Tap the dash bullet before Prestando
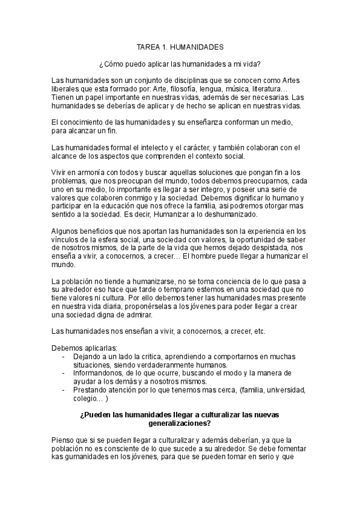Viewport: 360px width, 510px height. [x=64, y=390]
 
